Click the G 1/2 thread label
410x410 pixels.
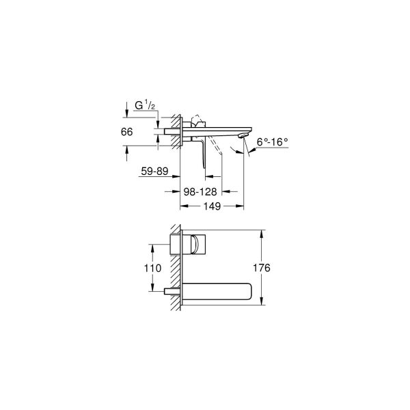coord(146,106)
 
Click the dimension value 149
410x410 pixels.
coord(211,207)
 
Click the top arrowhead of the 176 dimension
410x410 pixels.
coord(262,234)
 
